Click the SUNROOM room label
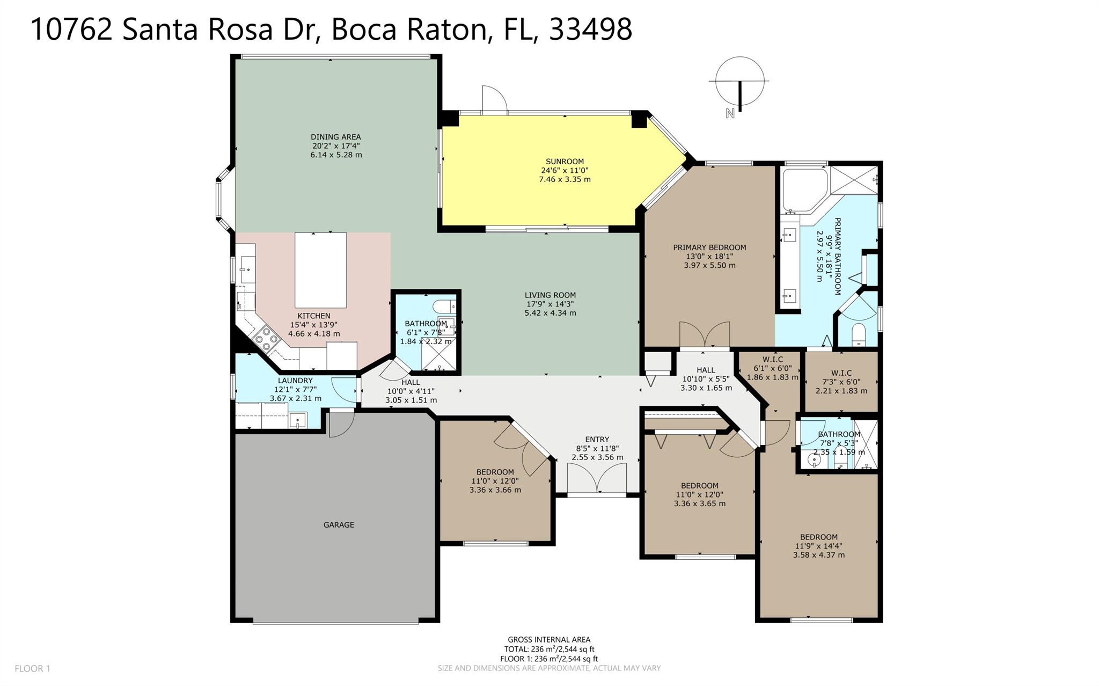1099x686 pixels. [565, 161]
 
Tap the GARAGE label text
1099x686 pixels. [339, 524]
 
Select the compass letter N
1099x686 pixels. [729, 113]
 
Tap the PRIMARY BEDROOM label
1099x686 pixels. [709, 247]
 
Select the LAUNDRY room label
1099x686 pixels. [295, 381]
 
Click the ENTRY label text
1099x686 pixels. [597, 439]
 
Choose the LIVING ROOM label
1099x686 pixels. [550, 295]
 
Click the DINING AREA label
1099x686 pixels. [336, 137]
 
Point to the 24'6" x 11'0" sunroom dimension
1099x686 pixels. [565, 170]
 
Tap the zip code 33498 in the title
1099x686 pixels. [591, 29]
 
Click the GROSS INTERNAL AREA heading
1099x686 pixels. [549, 639]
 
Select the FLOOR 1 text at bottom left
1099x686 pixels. [32, 668]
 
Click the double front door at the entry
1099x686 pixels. [597, 479]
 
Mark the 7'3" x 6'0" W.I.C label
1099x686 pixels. [841, 382]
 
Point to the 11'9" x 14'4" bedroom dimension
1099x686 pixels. [819, 546]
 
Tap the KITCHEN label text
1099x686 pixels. [314, 316]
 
